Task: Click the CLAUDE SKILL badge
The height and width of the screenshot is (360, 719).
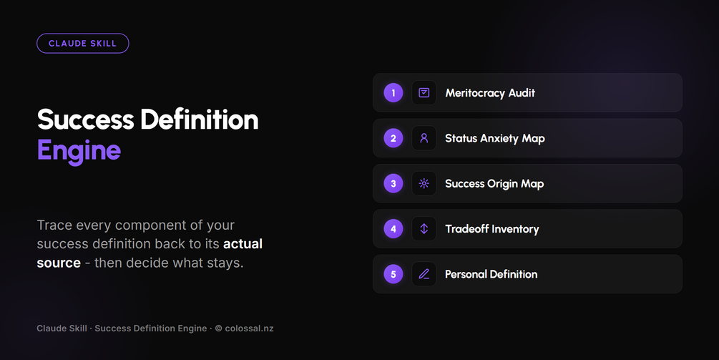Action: click(x=82, y=44)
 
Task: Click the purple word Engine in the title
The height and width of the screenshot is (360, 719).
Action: click(x=79, y=151)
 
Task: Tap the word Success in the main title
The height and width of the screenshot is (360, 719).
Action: click(x=86, y=120)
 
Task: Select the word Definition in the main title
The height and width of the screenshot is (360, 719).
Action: click(x=200, y=120)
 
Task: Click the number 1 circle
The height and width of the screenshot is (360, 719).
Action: click(x=393, y=92)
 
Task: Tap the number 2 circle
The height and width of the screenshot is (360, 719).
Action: click(x=393, y=138)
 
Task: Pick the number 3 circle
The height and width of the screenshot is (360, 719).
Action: click(x=393, y=183)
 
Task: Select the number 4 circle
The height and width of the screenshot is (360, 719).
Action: click(x=393, y=229)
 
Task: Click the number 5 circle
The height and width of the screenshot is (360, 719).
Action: click(x=393, y=274)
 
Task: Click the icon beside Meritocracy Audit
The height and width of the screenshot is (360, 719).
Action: click(x=424, y=92)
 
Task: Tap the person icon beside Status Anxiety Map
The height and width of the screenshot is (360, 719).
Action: click(x=424, y=138)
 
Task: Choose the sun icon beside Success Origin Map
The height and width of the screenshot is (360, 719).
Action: click(x=424, y=183)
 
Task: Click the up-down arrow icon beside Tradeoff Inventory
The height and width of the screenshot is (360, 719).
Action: click(x=424, y=229)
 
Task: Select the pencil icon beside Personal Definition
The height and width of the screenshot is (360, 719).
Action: click(x=424, y=274)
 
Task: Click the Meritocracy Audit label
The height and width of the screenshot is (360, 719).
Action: click(x=490, y=93)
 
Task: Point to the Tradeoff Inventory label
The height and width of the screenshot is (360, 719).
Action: click(x=492, y=229)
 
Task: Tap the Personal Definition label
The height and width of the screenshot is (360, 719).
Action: click(x=491, y=274)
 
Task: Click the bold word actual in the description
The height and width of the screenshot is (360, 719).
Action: click(x=243, y=243)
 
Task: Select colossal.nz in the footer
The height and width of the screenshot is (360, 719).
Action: click(x=250, y=329)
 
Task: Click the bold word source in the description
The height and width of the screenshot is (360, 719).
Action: click(x=59, y=263)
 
